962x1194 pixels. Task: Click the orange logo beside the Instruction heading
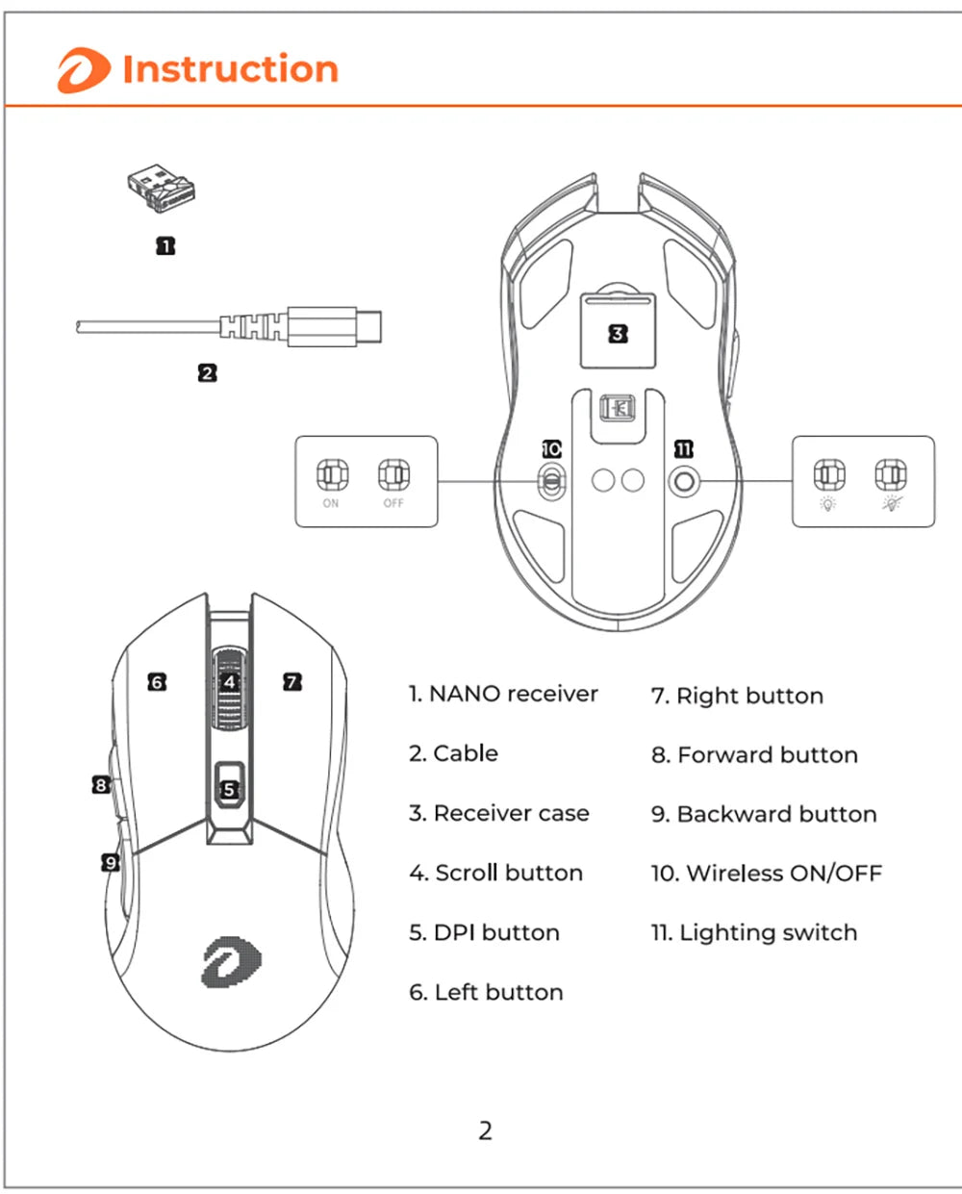click(x=83, y=71)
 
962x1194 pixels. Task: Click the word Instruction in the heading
click(x=231, y=69)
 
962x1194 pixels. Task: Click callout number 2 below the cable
click(x=208, y=372)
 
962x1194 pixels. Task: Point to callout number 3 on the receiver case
click(x=618, y=334)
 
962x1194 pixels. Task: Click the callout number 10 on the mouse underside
click(x=551, y=449)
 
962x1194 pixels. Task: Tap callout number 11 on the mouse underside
click(x=683, y=449)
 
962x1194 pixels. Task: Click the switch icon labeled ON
click(x=331, y=474)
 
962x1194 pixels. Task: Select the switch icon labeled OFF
click(x=393, y=474)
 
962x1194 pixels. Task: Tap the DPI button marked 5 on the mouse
click(x=229, y=789)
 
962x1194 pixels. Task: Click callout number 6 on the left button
click(x=157, y=682)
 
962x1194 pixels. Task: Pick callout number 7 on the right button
click(x=292, y=682)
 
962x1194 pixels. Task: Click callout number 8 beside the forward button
click(x=101, y=785)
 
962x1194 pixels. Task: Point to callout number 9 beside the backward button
click(x=111, y=862)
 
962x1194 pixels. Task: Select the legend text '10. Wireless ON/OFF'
click(x=766, y=874)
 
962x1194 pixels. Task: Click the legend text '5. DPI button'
click(x=484, y=932)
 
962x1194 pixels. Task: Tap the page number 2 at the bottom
click(x=485, y=1130)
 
